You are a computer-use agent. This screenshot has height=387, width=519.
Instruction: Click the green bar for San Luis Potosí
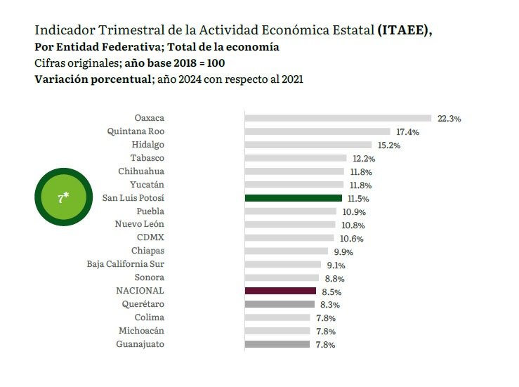[x=293, y=199]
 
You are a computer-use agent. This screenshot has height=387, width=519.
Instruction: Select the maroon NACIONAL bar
[x=280, y=290]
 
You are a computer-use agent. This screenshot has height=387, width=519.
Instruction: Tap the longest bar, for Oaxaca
[x=338, y=118]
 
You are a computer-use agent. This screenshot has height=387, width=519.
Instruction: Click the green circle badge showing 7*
[x=63, y=198]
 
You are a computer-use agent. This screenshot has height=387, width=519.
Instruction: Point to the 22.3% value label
[x=449, y=119]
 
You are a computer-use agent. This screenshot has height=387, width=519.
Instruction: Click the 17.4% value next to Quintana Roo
[x=407, y=132]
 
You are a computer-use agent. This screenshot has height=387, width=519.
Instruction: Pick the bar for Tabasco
[x=295, y=158]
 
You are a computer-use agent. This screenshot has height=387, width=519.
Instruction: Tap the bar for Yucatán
[x=294, y=185]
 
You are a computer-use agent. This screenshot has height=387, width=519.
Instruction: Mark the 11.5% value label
[x=358, y=199]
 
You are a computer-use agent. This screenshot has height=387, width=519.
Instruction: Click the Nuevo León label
[x=140, y=224]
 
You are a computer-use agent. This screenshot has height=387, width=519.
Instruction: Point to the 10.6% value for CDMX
[x=352, y=239]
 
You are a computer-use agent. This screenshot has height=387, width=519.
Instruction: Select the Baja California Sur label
[x=126, y=264]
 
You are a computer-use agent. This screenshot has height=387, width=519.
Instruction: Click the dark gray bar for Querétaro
[x=280, y=304]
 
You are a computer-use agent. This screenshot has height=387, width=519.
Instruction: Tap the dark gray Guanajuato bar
[x=277, y=344]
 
